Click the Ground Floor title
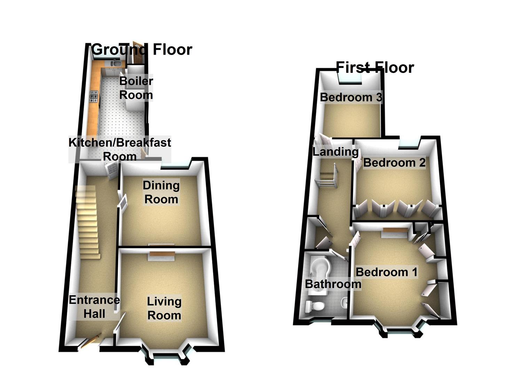[x=142, y=50]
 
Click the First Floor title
[x=375, y=67]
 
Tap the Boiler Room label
[x=136, y=88]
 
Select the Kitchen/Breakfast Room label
[x=120, y=149]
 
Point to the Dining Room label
[x=161, y=192]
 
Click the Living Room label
[x=164, y=308]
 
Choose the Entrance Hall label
[x=94, y=307]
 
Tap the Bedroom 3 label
[x=351, y=97]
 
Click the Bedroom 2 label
[x=394, y=163]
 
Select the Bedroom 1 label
[x=386, y=272]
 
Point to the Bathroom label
[x=333, y=284]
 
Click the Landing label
[x=335, y=152]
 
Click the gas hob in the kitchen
[x=94, y=96]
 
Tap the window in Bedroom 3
[x=351, y=79]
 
